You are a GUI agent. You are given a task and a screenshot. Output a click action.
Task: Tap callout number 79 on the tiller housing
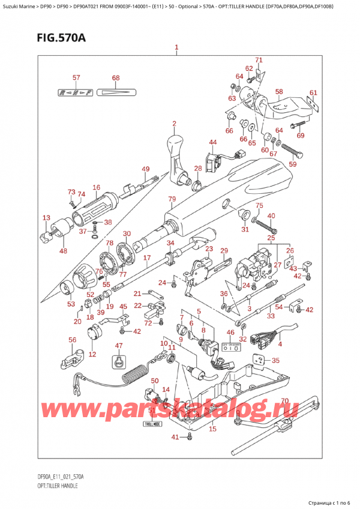click(x=172, y=199)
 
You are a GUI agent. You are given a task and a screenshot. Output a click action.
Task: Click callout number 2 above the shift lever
click(x=173, y=124)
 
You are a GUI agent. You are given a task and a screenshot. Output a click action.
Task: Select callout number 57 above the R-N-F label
click(x=76, y=77)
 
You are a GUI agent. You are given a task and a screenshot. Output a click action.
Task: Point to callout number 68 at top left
click(x=116, y=77)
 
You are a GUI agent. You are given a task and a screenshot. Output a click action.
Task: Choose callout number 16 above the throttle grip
click(x=96, y=188)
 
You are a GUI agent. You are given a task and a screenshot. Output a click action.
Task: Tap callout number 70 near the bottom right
click(x=285, y=401)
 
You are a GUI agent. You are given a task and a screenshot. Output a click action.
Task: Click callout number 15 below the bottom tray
click(x=212, y=429)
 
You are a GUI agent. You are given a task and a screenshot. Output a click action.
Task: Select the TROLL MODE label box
click(x=154, y=423)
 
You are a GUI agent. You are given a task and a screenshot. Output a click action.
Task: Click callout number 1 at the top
click(x=176, y=47)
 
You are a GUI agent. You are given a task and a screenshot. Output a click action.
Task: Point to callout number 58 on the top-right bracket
click(x=279, y=91)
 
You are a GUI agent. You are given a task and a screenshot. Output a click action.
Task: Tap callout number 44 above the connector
click(x=212, y=142)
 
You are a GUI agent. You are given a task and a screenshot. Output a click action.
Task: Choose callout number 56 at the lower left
click(x=73, y=340)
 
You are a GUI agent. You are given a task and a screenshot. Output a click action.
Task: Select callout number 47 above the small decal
click(x=118, y=345)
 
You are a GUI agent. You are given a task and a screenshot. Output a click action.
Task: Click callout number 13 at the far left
click(x=47, y=217)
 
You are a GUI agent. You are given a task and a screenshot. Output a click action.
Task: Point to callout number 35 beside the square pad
click(x=275, y=361)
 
